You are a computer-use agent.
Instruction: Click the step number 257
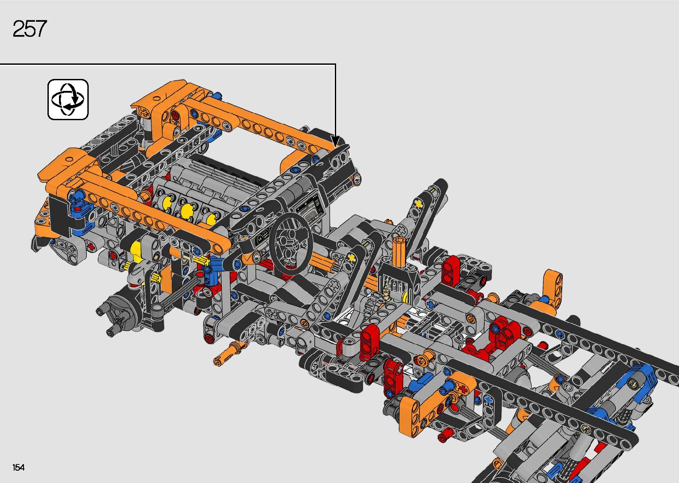[x=30, y=29]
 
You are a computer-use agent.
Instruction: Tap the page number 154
[x=19, y=467]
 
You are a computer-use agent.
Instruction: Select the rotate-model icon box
[x=68, y=99]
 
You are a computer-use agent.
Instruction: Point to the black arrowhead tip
[x=335, y=147]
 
